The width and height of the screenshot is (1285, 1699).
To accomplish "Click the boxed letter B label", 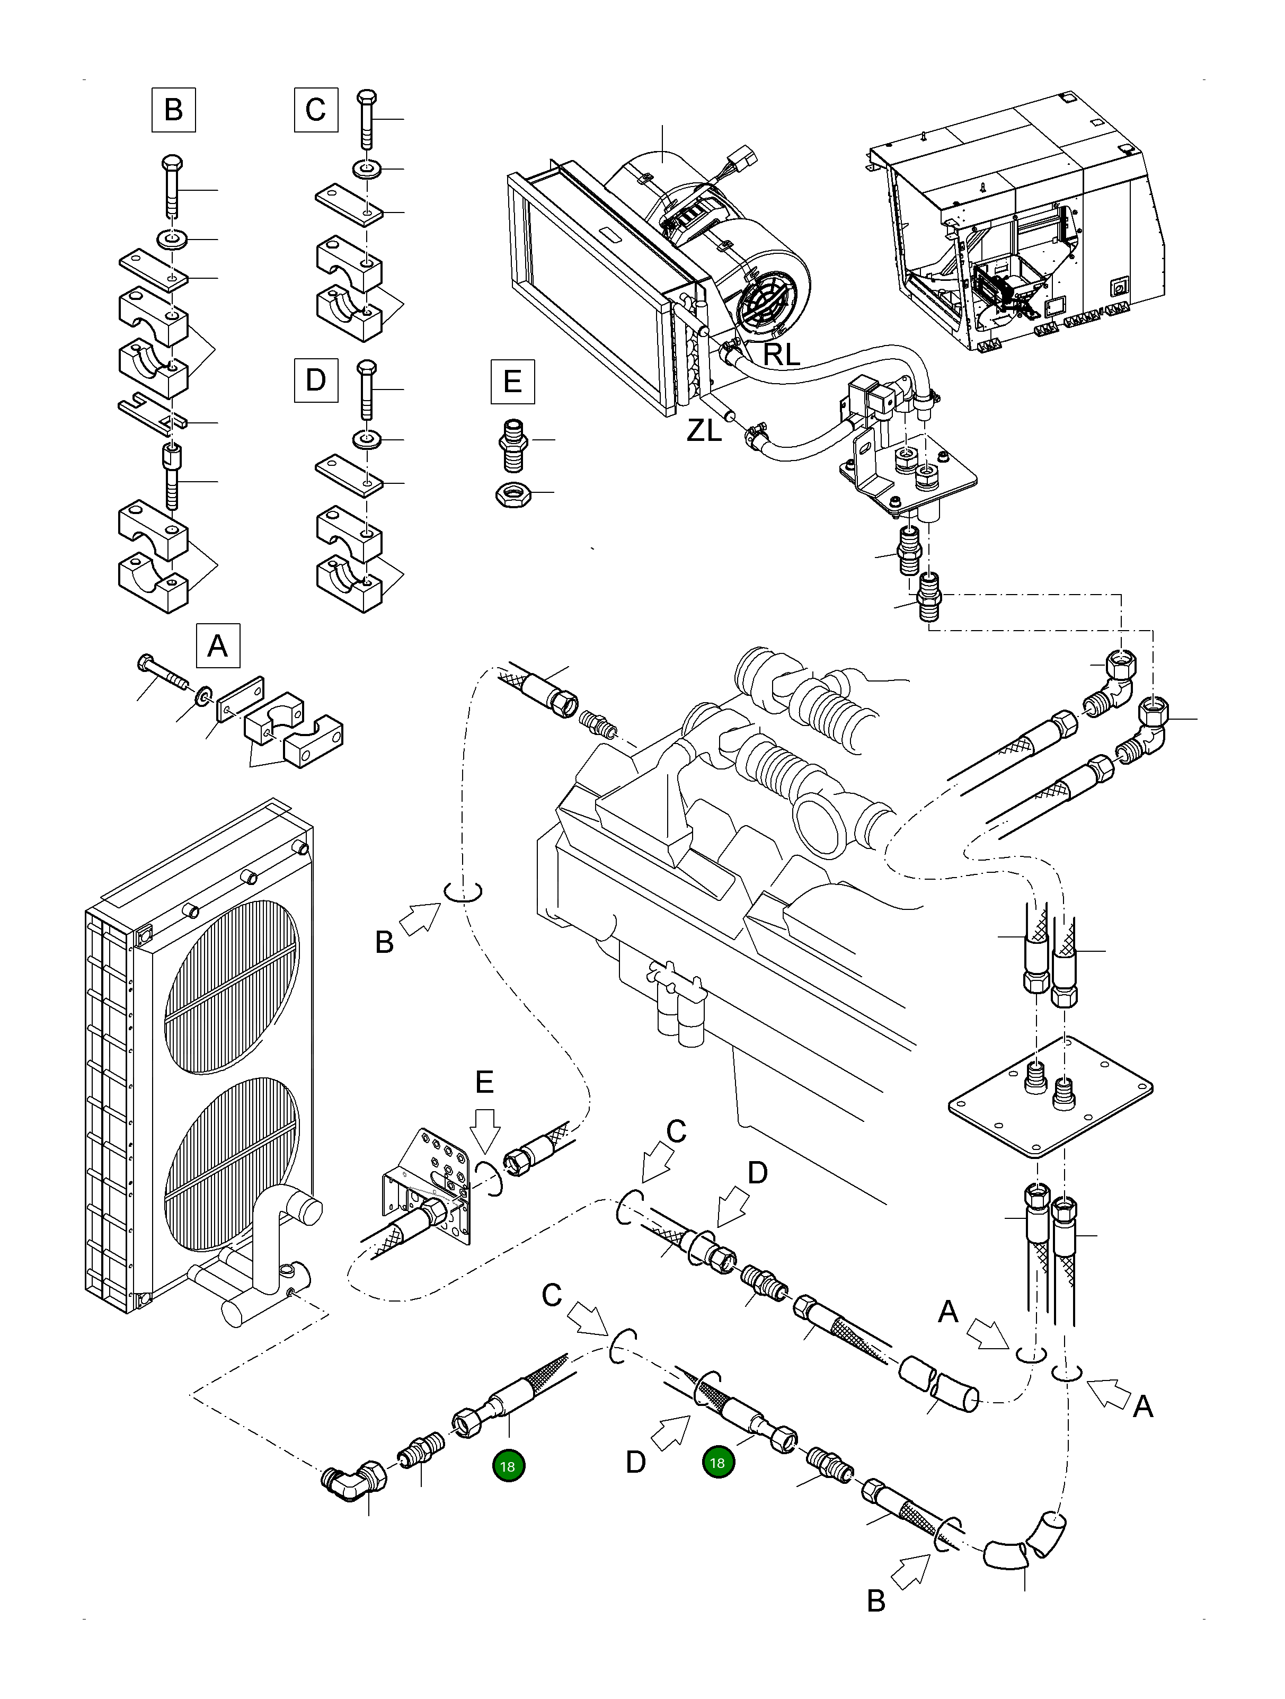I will click(x=174, y=110).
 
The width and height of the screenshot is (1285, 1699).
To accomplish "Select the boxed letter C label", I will click(x=316, y=110).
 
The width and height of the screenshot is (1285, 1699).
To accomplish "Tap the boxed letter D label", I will click(x=316, y=380).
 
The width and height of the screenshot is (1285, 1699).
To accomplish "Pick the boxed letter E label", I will click(x=512, y=382).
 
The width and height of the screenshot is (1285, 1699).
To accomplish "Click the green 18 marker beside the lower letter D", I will click(x=718, y=1463).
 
